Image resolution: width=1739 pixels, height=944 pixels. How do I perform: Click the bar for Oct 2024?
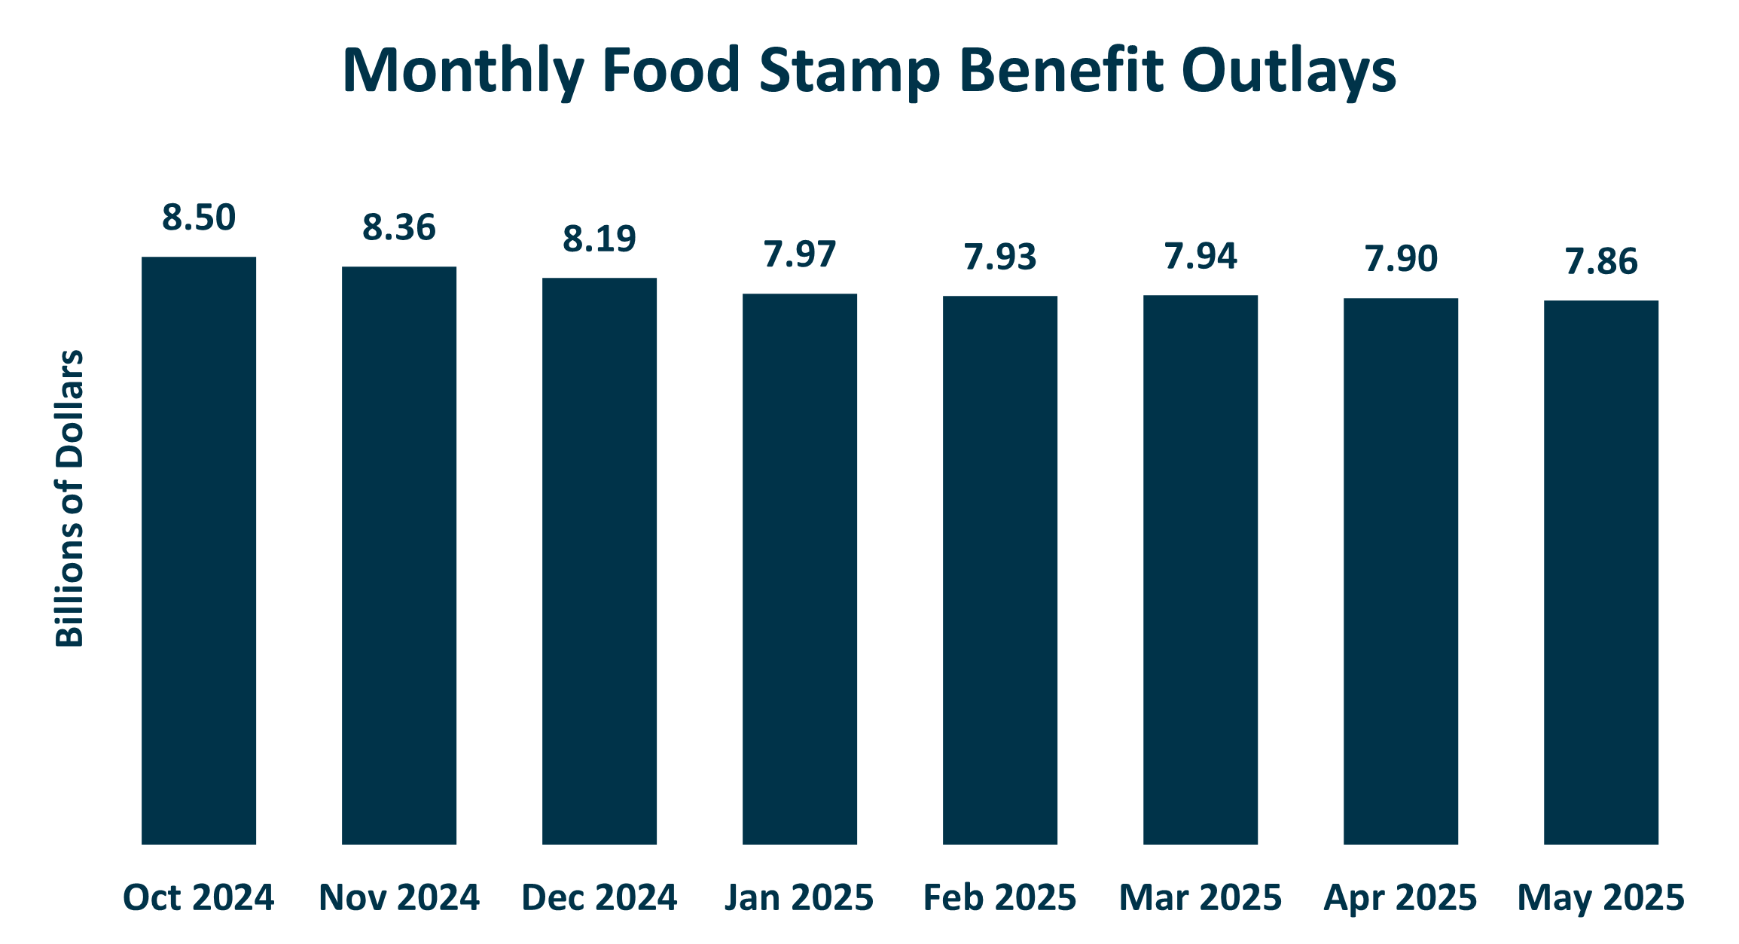(x=199, y=550)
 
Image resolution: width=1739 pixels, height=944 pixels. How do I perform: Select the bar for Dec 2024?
(x=599, y=561)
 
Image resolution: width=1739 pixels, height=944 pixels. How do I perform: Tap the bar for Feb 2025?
(x=1000, y=570)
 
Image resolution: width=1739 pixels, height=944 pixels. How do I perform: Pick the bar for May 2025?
(x=1601, y=572)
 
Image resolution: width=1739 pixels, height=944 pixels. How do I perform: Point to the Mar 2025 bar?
(x=1201, y=569)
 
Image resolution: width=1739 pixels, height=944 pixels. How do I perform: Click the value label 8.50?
(x=199, y=218)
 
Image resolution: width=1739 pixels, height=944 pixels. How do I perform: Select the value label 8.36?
(x=399, y=228)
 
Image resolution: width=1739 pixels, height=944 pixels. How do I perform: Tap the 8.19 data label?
(x=599, y=239)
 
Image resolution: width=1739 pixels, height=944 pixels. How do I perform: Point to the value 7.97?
(x=800, y=255)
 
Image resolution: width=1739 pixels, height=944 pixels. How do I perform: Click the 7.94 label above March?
(x=1201, y=257)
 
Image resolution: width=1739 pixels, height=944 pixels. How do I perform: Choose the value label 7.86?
(x=1601, y=262)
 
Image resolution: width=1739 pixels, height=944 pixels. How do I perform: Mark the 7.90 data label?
(x=1401, y=260)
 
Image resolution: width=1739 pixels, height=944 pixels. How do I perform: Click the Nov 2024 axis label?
(x=399, y=898)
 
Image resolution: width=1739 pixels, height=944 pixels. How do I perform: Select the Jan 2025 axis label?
(x=799, y=898)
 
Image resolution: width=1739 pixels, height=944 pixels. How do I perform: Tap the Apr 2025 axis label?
(x=1400, y=898)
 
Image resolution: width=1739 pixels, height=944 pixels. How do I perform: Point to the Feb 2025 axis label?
(x=999, y=898)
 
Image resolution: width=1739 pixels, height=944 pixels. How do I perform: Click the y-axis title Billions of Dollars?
(x=69, y=498)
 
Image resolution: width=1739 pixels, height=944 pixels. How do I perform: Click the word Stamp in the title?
(x=850, y=72)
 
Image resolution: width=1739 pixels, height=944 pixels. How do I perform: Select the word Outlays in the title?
(x=1289, y=72)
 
